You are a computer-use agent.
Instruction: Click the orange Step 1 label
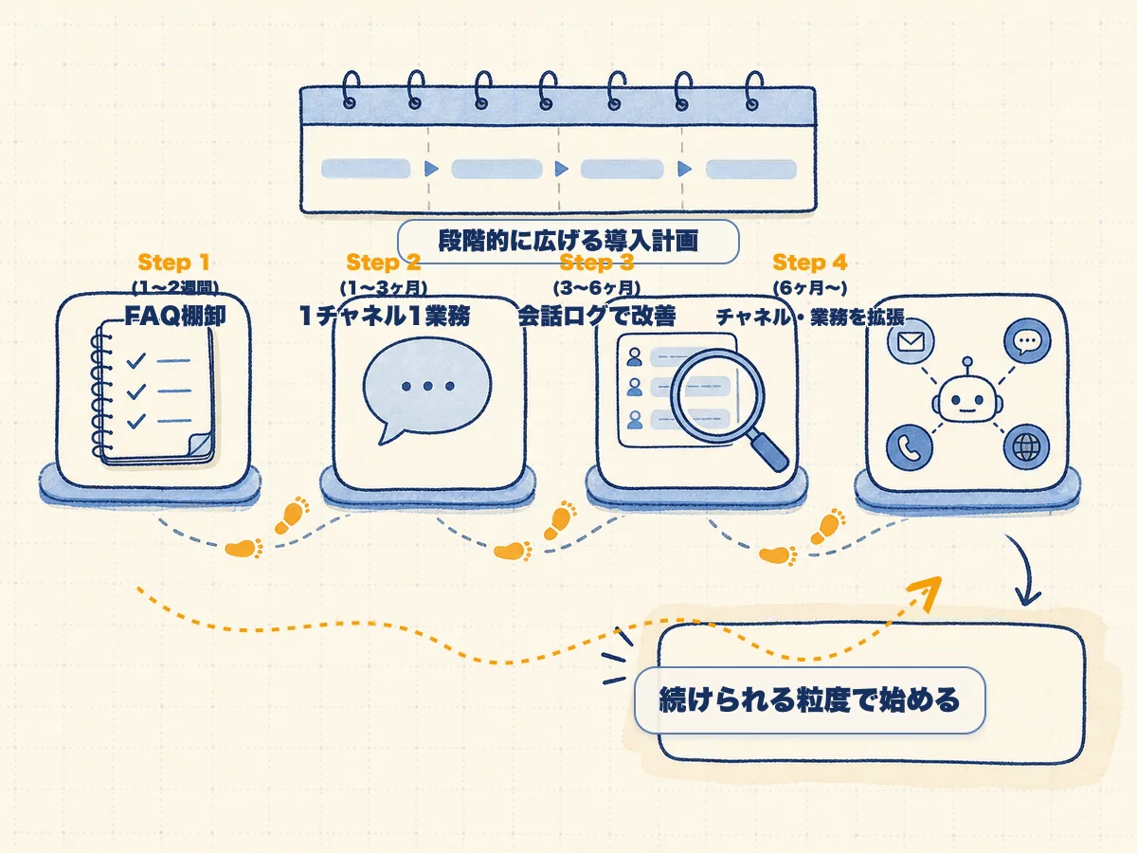[x=173, y=263]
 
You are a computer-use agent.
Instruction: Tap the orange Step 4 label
[x=809, y=263]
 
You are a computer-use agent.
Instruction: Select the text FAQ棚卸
[x=175, y=316]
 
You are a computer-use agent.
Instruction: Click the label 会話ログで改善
[x=597, y=316]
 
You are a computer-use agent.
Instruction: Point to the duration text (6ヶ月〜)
[x=809, y=288]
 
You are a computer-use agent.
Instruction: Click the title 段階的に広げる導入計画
[x=568, y=241]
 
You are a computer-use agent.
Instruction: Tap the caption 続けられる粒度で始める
[x=809, y=699]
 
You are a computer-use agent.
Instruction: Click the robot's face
[x=967, y=400]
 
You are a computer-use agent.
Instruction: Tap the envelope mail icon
[x=911, y=342]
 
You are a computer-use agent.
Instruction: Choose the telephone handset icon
[x=910, y=447]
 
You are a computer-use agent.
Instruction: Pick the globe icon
[x=1026, y=446]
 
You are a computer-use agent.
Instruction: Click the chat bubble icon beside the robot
[x=1027, y=341]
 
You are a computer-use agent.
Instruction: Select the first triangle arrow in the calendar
[x=431, y=169]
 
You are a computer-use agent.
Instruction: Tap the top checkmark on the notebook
[x=135, y=360]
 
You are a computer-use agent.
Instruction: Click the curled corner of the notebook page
[x=200, y=445]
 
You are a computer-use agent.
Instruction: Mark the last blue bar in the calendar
[x=751, y=170]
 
